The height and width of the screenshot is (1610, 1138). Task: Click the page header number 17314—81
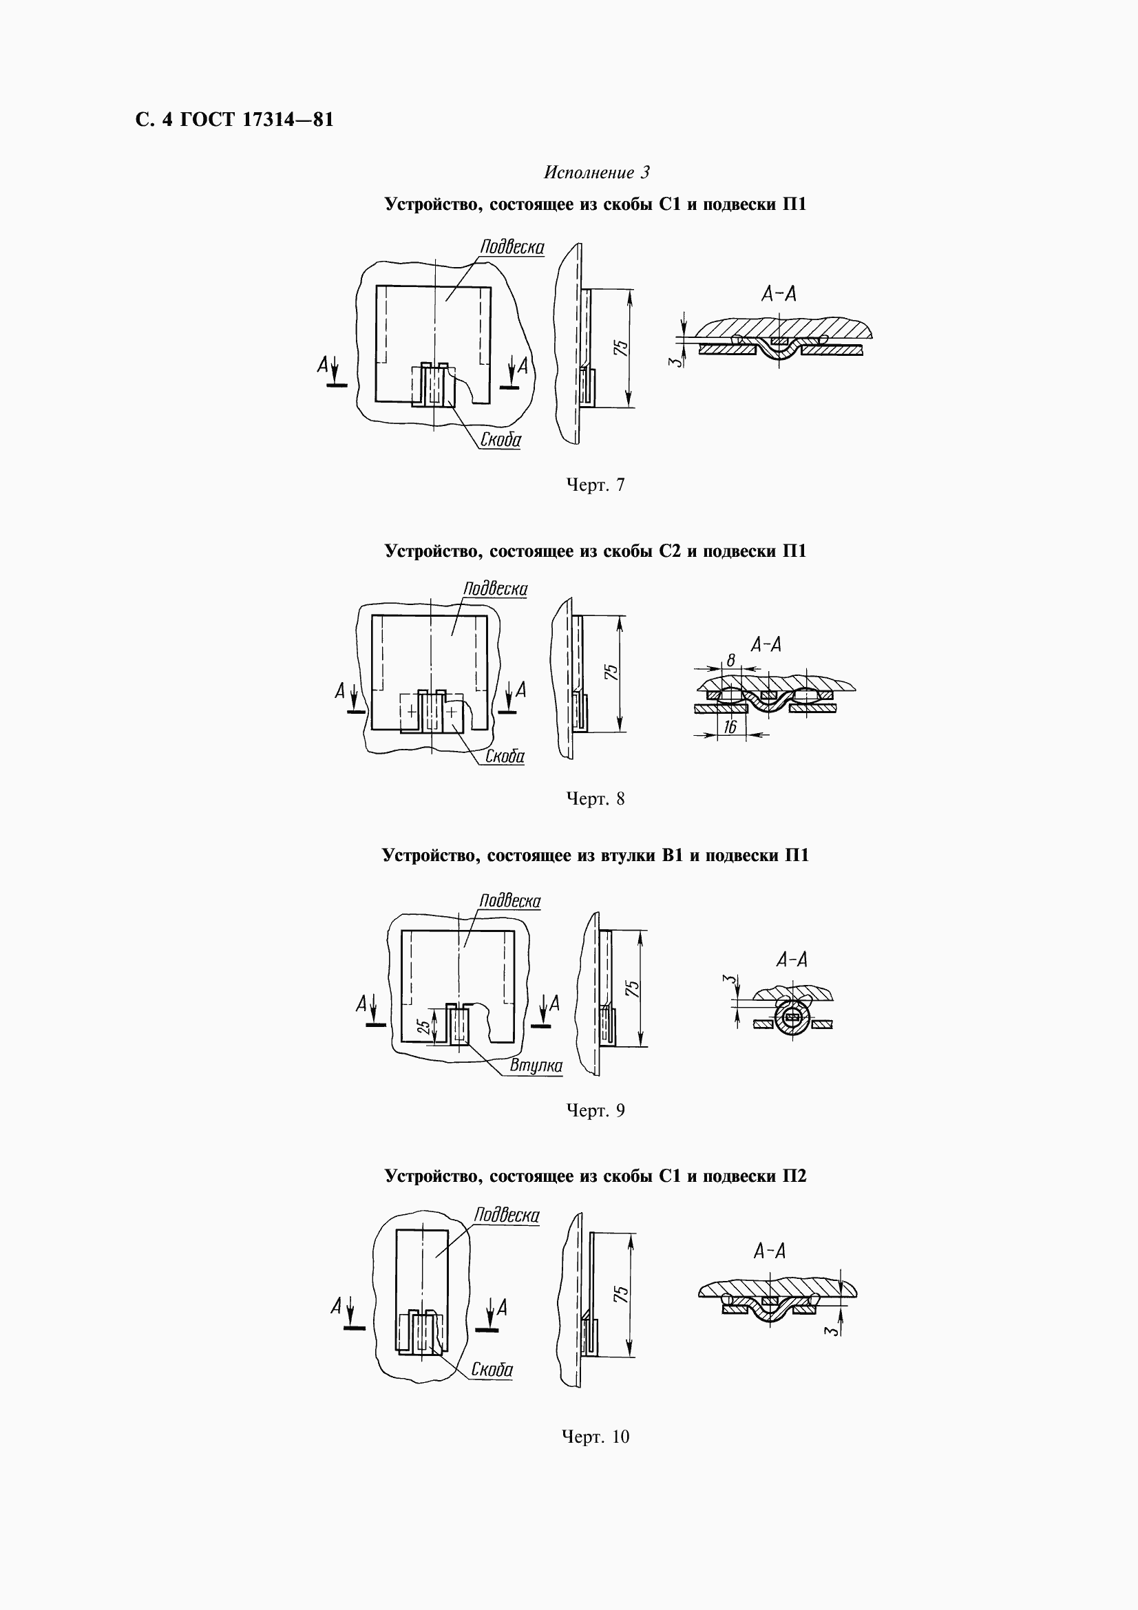pyautogui.click(x=288, y=119)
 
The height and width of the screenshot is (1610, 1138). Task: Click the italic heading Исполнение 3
pyautogui.click(x=597, y=173)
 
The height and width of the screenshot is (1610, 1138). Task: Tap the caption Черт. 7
pyautogui.click(x=596, y=485)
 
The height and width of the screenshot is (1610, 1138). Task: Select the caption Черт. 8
pyautogui.click(x=596, y=798)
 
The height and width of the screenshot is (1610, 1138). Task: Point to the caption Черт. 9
pyautogui.click(x=596, y=1110)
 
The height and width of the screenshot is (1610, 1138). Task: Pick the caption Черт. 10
pyautogui.click(x=596, y=1437)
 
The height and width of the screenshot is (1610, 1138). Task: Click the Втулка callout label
pyautogui.click(x=536, y=1066)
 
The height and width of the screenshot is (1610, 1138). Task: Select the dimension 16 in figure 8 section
pyautogui.click(x=730, y=727)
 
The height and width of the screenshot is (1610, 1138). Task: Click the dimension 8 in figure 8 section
pyautogui.click(x=730, y=660)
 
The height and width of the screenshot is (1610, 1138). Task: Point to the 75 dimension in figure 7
pyautogui.click(x=620, y=348)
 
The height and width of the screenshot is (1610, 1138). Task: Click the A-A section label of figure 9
pyautogui.click(x=792, y=960)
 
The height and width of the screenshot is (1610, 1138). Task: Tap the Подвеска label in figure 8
pyautogui.click(x=495, y=589)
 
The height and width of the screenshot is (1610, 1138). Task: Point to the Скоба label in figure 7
pyautogui.click(x=500, y=440)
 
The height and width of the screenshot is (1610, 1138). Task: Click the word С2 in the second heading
pyautogui.click(x=671, y=551)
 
